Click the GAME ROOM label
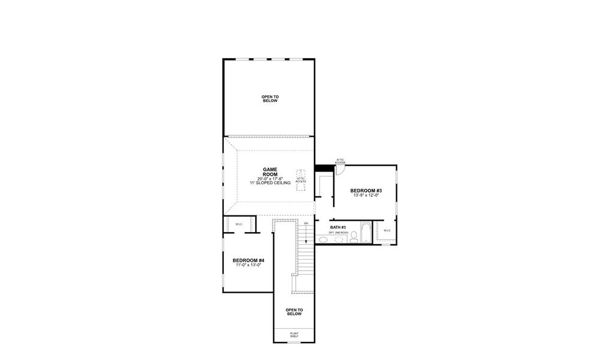click(270, 172)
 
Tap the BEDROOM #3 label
click(366, 191)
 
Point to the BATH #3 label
click(338, 227)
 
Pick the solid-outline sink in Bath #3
click(323, 240)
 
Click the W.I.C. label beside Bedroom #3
click(387, 230)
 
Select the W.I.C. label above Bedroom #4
click(238, 224)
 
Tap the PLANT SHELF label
click(294, 335)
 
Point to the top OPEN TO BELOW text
click(270, 99)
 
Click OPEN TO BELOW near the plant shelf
click(294, 312)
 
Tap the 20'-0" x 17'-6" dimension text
click(270, 179)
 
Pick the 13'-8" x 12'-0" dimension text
click(366, 196)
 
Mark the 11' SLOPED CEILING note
click(270, 183)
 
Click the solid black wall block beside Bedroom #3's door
click(324, 167)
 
